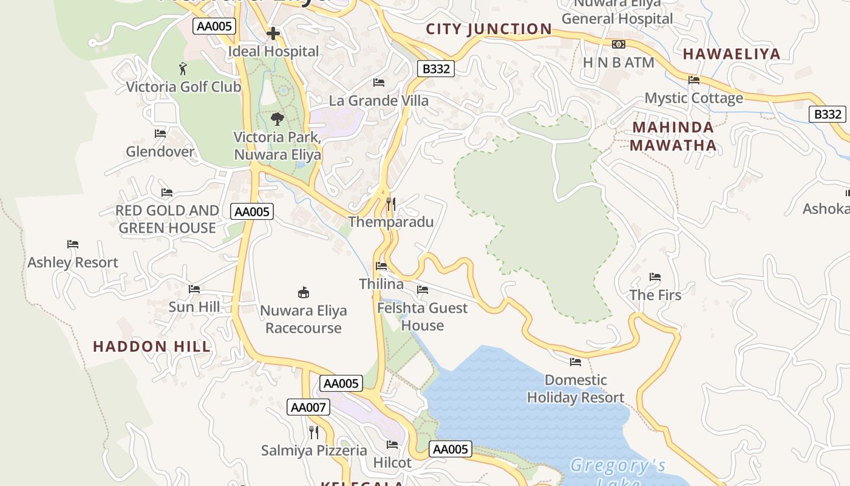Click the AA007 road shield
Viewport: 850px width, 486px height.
[x=308, y=407]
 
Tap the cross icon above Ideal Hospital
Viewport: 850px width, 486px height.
[x=273, y=33]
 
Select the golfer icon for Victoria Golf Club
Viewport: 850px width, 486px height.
[x=183, y=69]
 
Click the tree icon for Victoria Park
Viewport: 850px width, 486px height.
[x=277, y=118]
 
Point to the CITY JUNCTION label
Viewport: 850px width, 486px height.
[x=489, y=29]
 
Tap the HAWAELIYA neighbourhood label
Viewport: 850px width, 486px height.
[x=732, y=54]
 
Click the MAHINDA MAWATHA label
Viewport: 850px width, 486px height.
[x=673, y=136]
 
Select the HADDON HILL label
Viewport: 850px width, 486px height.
[x=152, y=347]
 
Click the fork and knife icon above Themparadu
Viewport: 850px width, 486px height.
[x=391, y=204]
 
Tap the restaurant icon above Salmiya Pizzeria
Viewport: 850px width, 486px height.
[x=314, y=433]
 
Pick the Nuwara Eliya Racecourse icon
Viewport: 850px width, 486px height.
[x=304, y=293]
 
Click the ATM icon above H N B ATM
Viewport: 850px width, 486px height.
[x=619, y=44]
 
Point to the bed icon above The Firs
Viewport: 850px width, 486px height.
[x=655, y=277]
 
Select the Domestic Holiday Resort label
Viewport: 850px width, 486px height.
[x=576, y=389]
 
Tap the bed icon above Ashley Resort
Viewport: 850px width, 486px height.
[x=73, y=244]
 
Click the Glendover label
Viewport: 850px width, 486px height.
[x=160, y=151]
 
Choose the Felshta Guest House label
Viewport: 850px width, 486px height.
[x=423, y=317]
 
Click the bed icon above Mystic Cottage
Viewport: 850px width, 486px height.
[x=694, y=80]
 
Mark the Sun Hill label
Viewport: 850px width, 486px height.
[x=194, y=307]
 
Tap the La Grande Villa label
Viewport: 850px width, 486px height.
[x=379, y=100]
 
